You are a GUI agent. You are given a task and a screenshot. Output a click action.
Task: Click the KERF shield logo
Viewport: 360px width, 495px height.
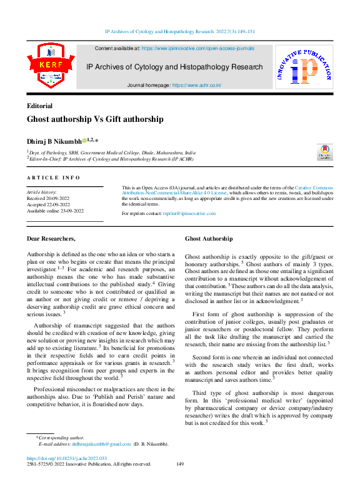pyautogui.click(x=46, y=65)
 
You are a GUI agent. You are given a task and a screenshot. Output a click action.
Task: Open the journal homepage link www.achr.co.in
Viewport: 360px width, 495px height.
pyautogui.click(x=196, y=85)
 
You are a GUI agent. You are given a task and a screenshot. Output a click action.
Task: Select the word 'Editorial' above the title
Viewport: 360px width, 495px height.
pyautogui.click(x=39, y=106)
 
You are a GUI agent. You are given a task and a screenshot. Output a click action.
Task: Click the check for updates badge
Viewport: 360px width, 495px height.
pyautogui.click(x=324, y=152)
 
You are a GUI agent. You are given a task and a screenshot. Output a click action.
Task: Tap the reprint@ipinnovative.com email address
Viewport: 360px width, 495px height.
pyautogui.click(x=189, y=214)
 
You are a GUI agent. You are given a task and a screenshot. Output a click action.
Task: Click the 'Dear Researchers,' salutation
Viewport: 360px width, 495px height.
pyautogui.click(x=52, y=239)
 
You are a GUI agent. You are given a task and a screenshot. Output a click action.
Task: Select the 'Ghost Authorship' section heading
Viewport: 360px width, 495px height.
pyautogui.click(x=209, y=239)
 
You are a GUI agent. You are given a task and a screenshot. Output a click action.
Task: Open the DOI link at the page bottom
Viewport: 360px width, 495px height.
pyautogui.click(x=59, y=458)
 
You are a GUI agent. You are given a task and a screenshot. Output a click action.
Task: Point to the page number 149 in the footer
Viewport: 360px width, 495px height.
pyautogui.click(x=180, y=464)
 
